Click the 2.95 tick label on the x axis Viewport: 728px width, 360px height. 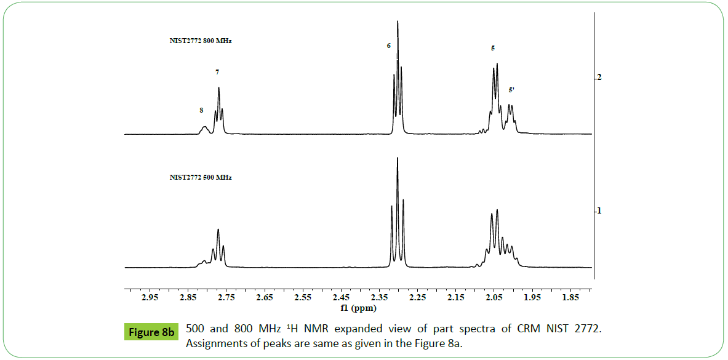pyautogui.click(x=150, y=298)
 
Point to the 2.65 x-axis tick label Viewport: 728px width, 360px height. pyautogui.click(x=264, y=298)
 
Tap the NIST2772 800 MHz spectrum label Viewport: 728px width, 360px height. pyautogui.click(x=201, y=41)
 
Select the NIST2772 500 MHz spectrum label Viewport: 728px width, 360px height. pyautogui.click(x=201, y=177)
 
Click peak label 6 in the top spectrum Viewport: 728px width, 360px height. pyautogui.click(x=389, y=46)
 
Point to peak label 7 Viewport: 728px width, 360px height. pyautogui.click(x=217, y=72)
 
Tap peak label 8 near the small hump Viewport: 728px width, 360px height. pyautogui.click(x=201, y=110)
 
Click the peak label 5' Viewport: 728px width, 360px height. pyautogui.click(x=511, y=90)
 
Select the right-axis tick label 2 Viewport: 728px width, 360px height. pyautogui.click(x=598, y=78)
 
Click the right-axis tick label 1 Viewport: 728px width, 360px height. pyautogui.click(x=598, y=211)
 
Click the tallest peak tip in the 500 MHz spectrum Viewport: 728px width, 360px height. pyautogui.click(x=398, y=159)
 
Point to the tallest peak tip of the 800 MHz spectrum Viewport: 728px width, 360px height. pyautogui.click(x=398, y=22)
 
